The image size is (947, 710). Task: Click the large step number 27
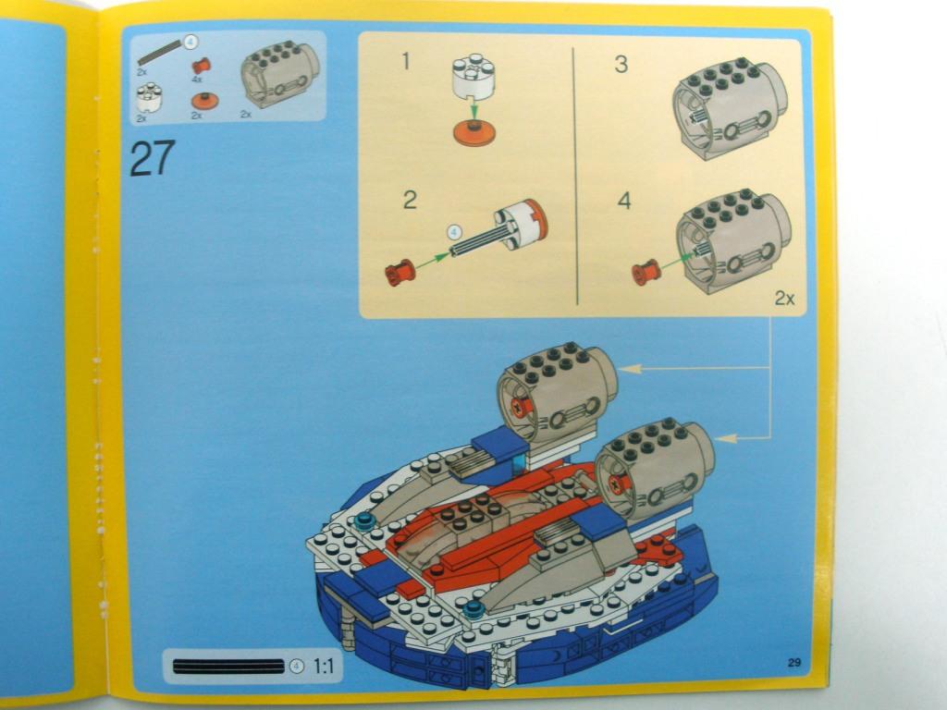pos(153,158)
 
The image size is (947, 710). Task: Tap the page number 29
pos(794,662)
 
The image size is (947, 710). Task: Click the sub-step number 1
pos(406,61)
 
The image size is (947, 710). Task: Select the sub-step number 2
pos(410,200)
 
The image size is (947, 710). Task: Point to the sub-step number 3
pos(621,64)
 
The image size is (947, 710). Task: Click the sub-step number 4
pos(624,201)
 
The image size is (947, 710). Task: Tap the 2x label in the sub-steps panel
pos(784,298)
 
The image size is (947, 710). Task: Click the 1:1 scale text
pos(324,666)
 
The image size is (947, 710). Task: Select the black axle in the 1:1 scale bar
pos(228,667)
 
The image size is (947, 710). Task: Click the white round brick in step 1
pos(473,78)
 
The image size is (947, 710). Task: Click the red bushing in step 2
pos(400,273)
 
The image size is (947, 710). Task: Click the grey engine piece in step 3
pos(730,109)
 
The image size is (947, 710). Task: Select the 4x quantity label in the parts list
pos(197,80)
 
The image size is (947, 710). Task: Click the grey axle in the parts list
pos(159,53)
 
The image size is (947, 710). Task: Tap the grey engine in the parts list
pos(280,74)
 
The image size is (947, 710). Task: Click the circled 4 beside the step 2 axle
pos(454,232)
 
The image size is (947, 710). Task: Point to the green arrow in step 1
pos(474,109)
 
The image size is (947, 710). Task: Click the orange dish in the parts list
pos(204,100)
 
